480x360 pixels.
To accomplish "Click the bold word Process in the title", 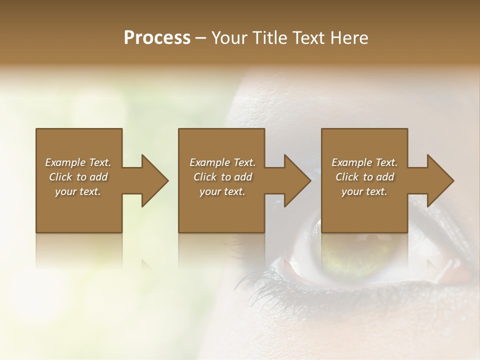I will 157,38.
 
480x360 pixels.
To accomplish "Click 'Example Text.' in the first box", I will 78,162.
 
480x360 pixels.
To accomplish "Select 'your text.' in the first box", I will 78,191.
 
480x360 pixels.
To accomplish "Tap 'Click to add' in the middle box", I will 222,177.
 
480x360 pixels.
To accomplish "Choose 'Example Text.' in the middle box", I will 222,162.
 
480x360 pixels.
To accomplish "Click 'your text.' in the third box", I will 364,191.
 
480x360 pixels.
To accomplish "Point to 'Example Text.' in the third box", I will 364,162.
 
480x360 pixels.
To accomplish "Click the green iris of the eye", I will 345,255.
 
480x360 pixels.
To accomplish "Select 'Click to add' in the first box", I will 78,177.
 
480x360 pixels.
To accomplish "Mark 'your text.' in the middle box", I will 222,191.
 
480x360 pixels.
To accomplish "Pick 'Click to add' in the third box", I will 364,177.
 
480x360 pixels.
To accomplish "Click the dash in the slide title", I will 201,38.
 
